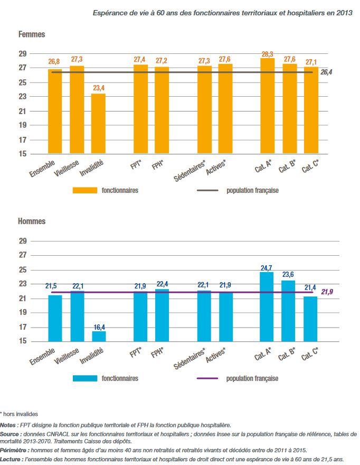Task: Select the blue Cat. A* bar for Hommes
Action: coord(267,306)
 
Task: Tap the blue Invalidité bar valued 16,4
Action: coord(98,336)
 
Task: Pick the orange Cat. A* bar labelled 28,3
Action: coord(267,106)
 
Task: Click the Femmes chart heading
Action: coord(32,34)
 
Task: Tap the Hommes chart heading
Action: coord(32,221)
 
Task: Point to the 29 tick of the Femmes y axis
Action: coord(22,53)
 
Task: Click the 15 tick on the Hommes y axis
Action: coord(22,341)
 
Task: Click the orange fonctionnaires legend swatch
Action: coord(84,190)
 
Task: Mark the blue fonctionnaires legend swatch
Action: coord(84,378)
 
